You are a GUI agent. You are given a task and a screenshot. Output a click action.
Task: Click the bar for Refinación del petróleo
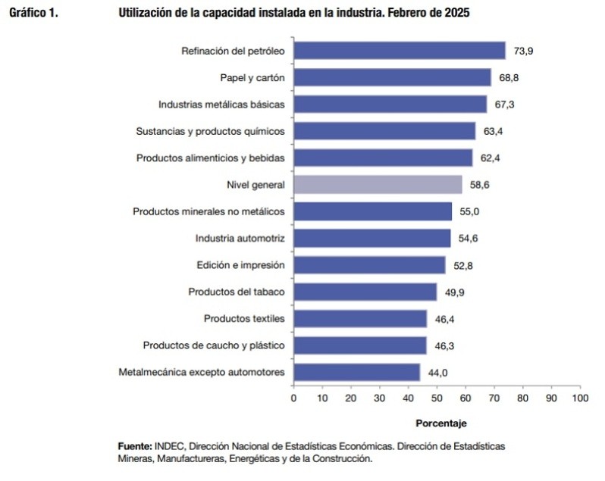click(x=400, y=51)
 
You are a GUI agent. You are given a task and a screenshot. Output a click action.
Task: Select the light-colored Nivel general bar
click(x=378, y=185)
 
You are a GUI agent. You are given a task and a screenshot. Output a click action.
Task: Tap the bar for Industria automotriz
click(x=371, y=238)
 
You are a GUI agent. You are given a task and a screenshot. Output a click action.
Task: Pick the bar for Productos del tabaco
click(x=365, y=292)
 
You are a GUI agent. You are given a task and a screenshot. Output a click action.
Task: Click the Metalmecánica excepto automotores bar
click(x=356, y=372)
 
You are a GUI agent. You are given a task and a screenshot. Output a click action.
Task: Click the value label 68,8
click(x=508, y=77)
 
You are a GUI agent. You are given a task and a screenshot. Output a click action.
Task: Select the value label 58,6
click(x=479, y=185)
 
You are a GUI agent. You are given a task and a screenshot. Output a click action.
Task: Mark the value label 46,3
click(x=444, y=345)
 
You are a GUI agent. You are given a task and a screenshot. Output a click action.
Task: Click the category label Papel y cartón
click(x=252, y=77)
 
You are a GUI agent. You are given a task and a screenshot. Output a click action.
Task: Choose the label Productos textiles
click(x=244, y=319)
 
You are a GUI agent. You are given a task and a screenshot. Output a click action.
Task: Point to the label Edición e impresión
click(x=240, y=265)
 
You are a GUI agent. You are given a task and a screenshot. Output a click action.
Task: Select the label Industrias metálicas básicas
click(x=221, y=105)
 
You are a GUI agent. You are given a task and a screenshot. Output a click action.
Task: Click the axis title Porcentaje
click(x=440, y=422)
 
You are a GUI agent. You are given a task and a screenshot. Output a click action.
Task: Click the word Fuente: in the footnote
click(x=136, y=446)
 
